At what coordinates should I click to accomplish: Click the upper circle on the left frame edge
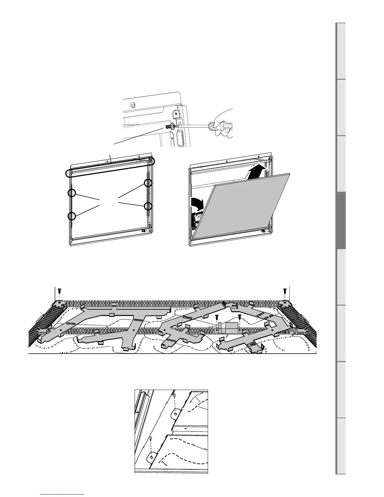pos(72,194)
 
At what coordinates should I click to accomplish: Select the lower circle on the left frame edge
pos(72,216)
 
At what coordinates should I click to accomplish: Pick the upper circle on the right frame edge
pos(148,183)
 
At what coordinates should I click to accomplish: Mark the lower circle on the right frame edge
pos(148,206)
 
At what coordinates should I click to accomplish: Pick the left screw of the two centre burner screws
pos(217,318)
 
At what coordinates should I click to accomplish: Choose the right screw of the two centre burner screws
pos(239,317)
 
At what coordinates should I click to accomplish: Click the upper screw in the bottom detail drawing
pos(175,396)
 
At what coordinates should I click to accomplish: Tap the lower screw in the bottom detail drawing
pos(151,438)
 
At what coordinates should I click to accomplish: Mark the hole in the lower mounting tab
pos(152,457)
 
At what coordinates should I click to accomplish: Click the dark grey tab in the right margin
pos(341,220)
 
